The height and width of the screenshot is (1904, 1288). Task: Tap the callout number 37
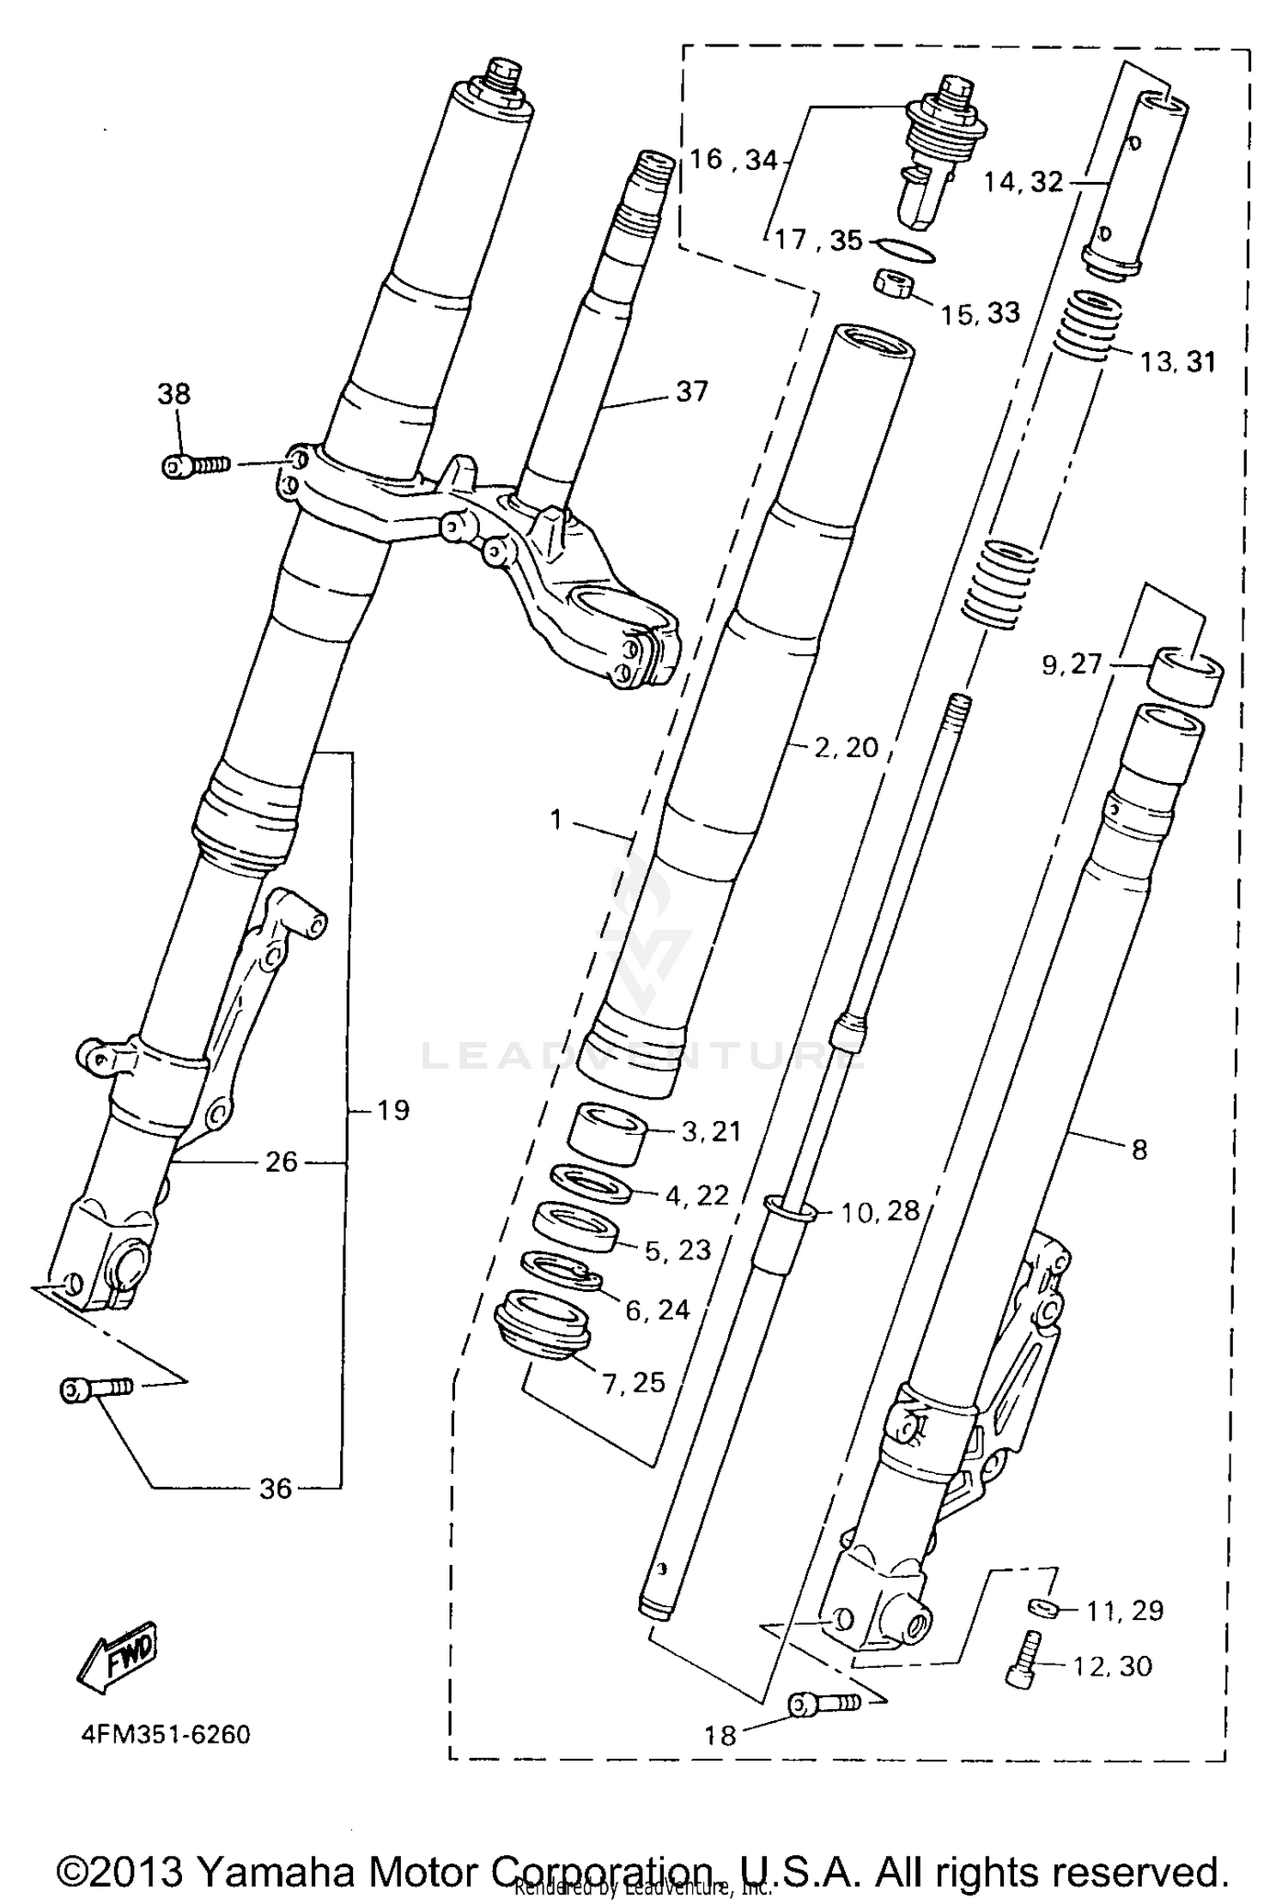point(691,391)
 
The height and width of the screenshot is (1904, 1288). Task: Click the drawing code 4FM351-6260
point(166,1734)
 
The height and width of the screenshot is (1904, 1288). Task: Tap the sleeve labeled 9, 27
point(1186,676)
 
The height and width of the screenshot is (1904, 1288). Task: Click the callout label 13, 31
point(1177,362)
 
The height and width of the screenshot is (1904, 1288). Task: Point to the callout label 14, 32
point(1023,182)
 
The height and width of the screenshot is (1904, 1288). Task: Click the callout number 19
point(393,1110)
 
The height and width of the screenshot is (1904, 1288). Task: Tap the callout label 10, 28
point(879,1211)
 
